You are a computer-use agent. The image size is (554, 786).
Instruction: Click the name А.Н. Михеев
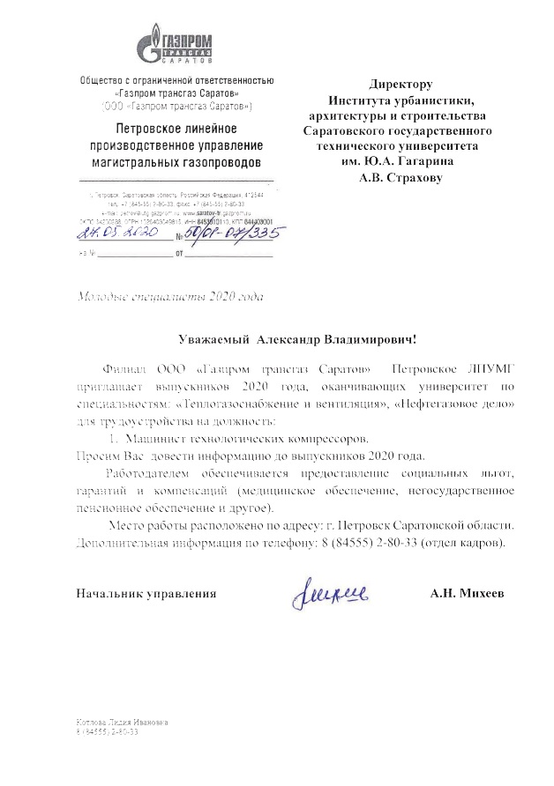[468, 594]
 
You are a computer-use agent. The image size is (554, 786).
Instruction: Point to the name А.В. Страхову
[400, 177]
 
